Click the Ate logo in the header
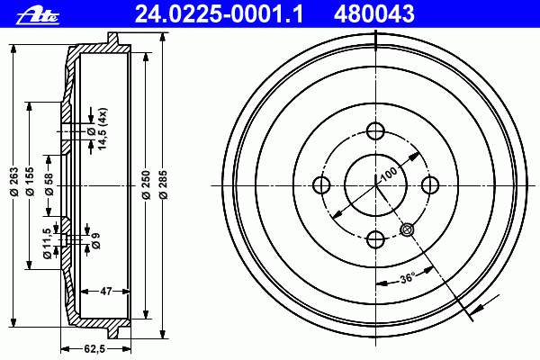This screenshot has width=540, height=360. pyautogui.click(x=38, y=15)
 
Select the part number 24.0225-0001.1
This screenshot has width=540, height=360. pyautogui.click(x=220, y=14)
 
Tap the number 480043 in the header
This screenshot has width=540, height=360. pyautogui.click(x=374, y=14)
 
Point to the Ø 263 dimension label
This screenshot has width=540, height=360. pyautogui.click(x=13, y=181)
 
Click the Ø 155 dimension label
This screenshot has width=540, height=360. pyautogui.click(x=30, y=181)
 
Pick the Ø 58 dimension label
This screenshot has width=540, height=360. pyautogui.click(x=49, y=184)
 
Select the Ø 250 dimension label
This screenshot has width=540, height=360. pyautogui.click(x=147, y=184)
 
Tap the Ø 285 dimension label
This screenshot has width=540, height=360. pyautogui.click(x=164, y=184)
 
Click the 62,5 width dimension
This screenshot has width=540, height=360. pyautogui.click(x=94, y=349)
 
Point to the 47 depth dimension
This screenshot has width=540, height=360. pyautogui.click(x=106, y=292)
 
